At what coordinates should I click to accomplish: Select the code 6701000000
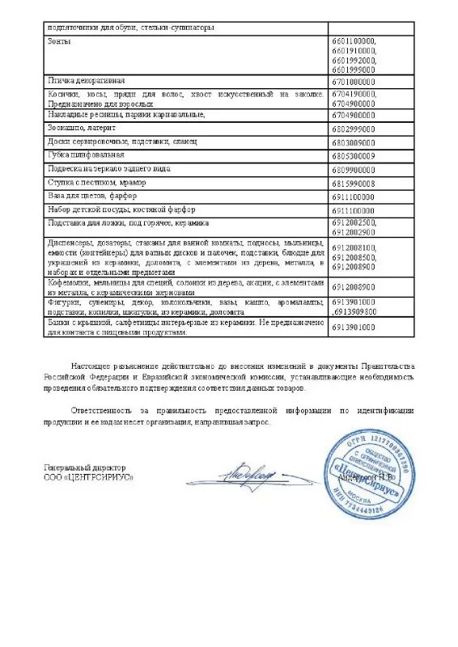point(354,82)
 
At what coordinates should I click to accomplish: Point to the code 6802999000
point(354,128)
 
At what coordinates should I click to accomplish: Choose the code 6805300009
point(354,154)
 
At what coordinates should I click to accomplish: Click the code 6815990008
point(354,183)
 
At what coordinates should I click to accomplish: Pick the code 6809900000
point(354,169)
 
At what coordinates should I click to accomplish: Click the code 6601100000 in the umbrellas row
point(354,40)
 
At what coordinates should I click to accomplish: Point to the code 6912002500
point(354,222)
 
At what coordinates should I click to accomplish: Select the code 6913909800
point(355,311)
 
